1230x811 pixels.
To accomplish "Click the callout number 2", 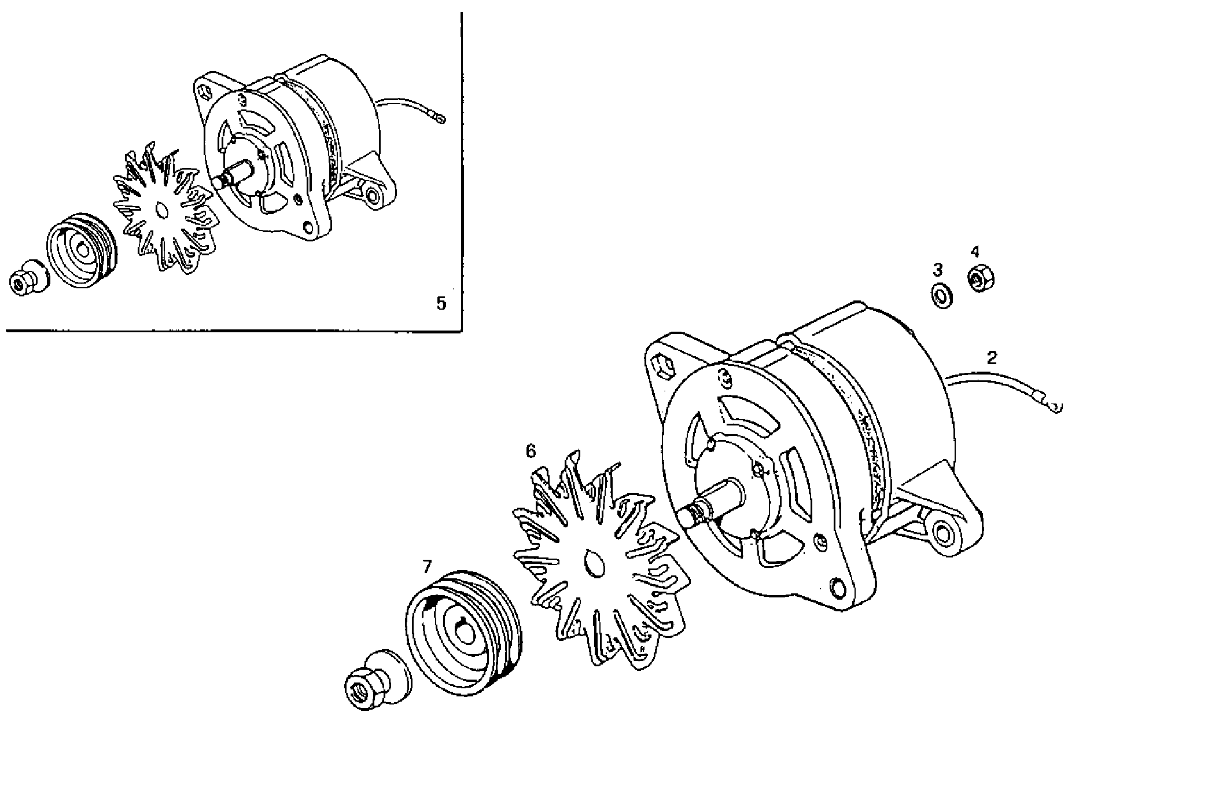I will (x=992, y=358).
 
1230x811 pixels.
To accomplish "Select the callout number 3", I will (x=938, y=269).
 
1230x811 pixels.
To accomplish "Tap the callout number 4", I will (x=975, y=251).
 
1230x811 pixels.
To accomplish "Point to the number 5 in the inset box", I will (x=441, y=303).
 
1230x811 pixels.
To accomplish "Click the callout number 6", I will (x=531, y=450).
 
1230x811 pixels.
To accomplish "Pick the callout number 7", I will (x=427, y=566).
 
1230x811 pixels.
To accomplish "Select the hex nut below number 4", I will (x=980, y=280).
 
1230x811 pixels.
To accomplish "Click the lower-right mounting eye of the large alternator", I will (x=944, y=533).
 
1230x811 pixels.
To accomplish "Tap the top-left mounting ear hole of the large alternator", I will (x=663, y=367).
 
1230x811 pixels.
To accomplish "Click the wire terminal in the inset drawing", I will (x=441, y=119).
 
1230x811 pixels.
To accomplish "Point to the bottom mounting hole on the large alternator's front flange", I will (x=837, y=586).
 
